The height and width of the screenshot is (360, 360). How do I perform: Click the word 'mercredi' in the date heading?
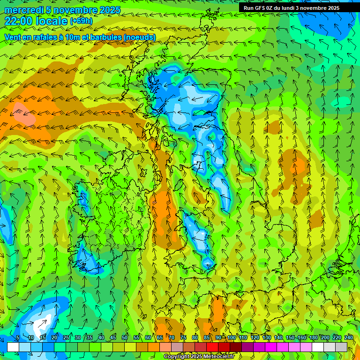tap(23, 10)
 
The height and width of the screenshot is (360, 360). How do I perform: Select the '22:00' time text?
tap(18, 21)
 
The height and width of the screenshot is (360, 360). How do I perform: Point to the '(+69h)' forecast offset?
tap(81, 21)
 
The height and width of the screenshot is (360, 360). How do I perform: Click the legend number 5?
tap(17, 337)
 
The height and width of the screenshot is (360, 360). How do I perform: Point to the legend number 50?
tap(125, 337)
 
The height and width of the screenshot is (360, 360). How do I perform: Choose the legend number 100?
tap(232, 337)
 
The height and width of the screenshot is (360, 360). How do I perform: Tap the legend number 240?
tap(349, 337)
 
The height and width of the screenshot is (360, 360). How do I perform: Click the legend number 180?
tap(314, 337)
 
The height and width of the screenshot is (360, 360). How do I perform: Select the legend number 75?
tap(183, 337)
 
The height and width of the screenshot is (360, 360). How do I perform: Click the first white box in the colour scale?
tap(13, 347)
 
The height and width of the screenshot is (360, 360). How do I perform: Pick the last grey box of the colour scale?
tap(341, 347)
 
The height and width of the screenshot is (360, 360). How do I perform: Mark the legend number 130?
tap(267, 337)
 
